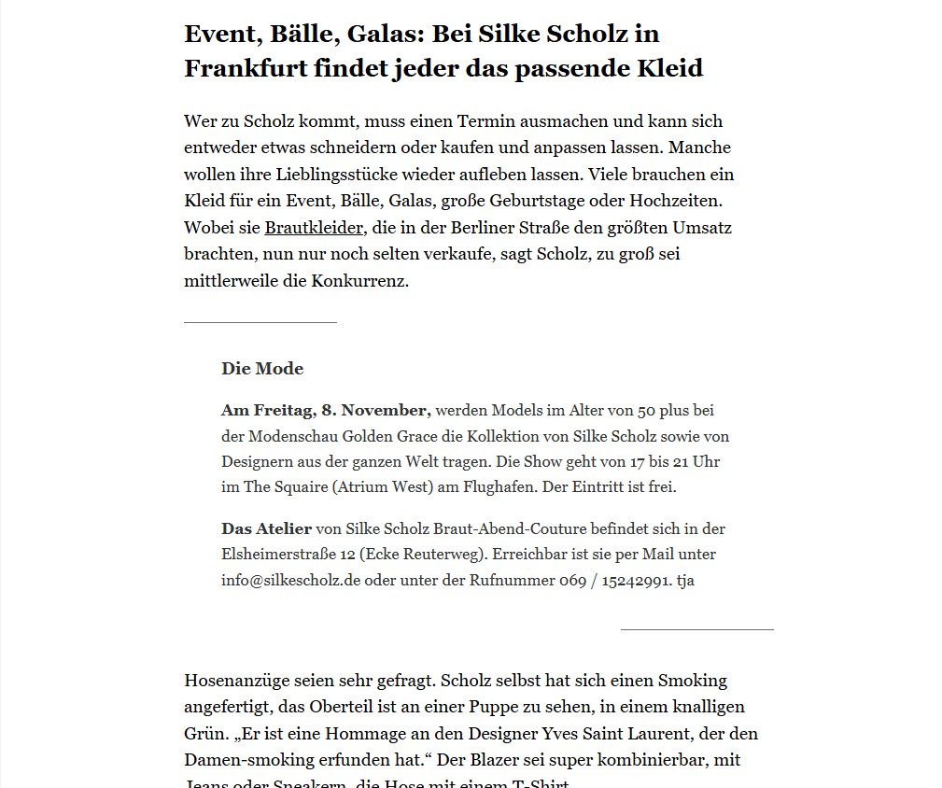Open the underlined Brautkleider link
point(313,228)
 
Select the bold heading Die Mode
point(262,369)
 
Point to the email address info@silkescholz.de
point(290,580)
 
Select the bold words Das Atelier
point(266,528)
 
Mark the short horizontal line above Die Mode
point(260,323)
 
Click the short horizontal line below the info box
point(696,630)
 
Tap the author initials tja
point(685,580)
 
